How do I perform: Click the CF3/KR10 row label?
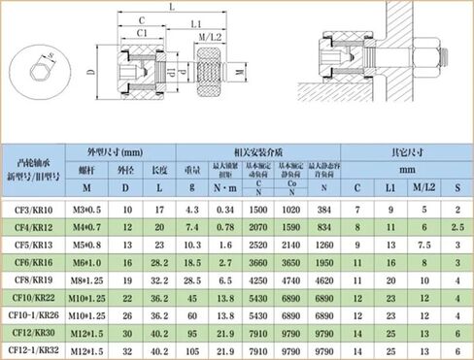(x=34, y=209)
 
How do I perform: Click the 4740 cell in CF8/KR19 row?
(x=292, y=280)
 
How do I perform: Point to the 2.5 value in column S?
(x=457, y=226)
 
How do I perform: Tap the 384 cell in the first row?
(x=324, y=209)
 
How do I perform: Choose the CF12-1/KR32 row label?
(x=34, y=349)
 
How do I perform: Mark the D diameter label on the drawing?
(x=89, y=74)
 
